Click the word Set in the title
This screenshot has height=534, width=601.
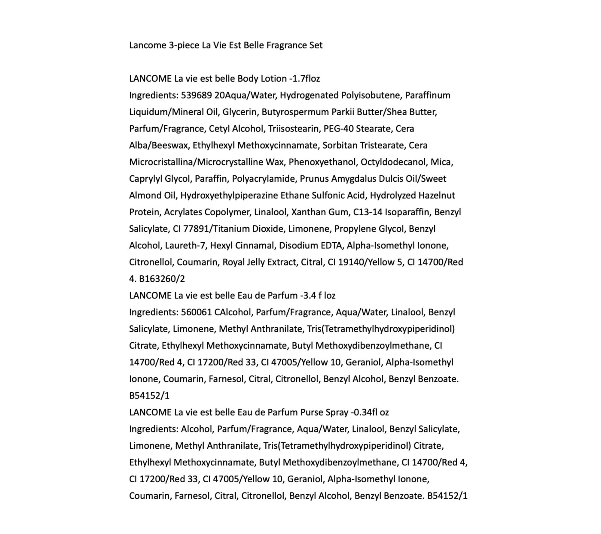pos(316,45)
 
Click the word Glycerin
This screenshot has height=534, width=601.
pos(239,112)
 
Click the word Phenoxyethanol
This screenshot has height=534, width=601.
pos(323,162)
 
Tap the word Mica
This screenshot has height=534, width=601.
pos(442,162)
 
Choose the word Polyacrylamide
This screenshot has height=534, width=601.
pos(264,179)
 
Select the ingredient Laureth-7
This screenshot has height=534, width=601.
pos(185,246)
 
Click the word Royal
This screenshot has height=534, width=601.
pos(233,262)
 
